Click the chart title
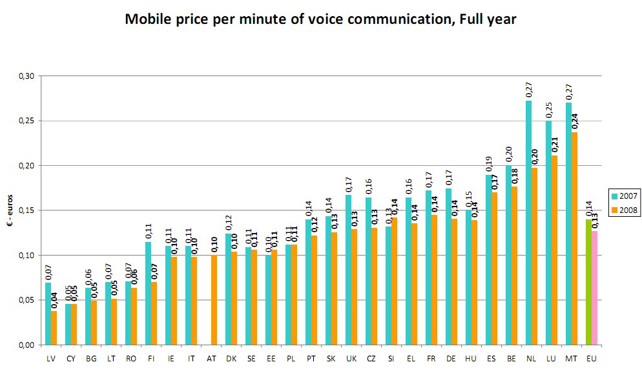pos(320,19)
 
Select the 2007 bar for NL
pos(528,223)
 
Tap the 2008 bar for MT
pos(575,239)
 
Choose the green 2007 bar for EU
pos(588,282)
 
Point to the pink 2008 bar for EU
pos(595,287)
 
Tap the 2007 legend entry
pos(624,196)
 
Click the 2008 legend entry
pos(624,210)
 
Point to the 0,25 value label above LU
pos(548,109)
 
